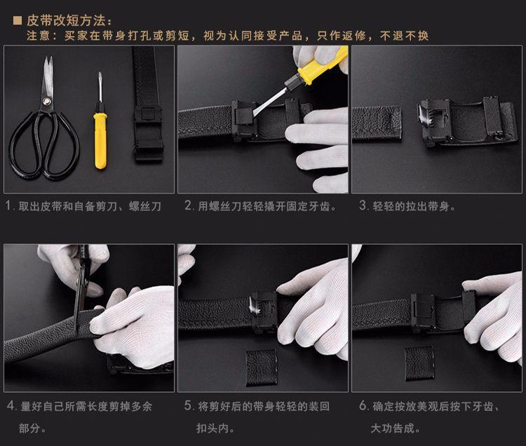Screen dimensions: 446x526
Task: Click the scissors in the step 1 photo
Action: [x=43, y=123]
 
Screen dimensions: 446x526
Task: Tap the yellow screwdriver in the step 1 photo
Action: [x=100, y=130]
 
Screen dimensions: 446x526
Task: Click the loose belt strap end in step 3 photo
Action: [x=377, y=122]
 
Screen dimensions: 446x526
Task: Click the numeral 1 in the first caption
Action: [x=8, y=206]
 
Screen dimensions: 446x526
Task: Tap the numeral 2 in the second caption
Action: [x=188, y=206]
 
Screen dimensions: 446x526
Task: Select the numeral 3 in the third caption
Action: [x=363, y=206]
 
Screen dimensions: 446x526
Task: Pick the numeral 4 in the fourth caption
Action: [x=9, y=406]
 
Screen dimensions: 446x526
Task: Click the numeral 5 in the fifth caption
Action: [x=188, y=406]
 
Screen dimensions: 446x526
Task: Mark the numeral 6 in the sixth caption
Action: [x=363, y=406]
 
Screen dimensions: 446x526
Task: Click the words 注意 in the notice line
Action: [x=38, y=35]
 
